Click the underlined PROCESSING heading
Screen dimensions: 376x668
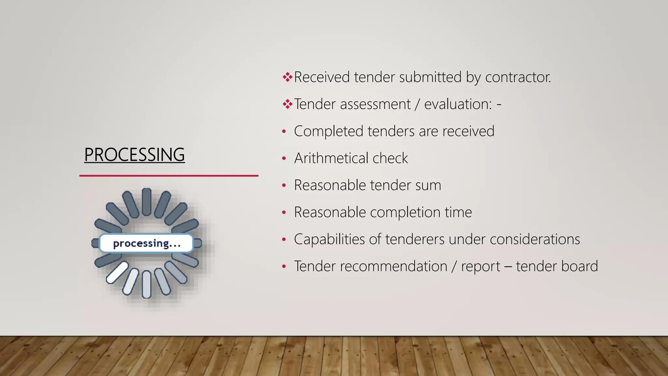pos(134,155)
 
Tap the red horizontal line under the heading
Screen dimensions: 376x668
pos(169,176)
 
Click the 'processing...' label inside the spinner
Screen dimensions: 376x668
pos(147,243)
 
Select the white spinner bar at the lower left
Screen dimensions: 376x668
pos(117,273)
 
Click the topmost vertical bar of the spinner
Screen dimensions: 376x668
pos(146,201)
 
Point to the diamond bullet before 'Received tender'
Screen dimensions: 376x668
pos(287,77)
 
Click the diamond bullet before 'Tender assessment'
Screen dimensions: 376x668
pos(287,104)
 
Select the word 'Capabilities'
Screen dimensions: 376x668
pos(329,239)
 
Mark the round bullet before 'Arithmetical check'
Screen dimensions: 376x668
pos(284,159)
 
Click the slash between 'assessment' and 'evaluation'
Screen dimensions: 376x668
pos(417,104)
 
